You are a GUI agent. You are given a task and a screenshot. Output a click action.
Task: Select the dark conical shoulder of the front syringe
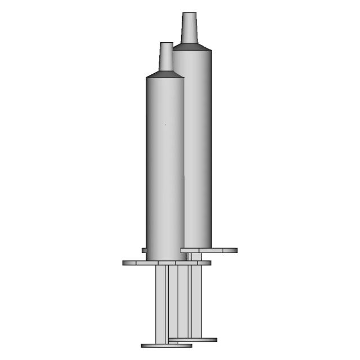165,74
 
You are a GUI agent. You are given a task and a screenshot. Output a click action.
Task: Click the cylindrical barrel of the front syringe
165,169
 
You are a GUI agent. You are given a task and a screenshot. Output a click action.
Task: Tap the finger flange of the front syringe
166,263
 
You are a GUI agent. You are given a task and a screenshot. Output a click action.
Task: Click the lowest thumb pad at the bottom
166,345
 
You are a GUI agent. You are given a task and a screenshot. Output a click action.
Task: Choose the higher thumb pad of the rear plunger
194,340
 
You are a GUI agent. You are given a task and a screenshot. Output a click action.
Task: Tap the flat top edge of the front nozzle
166,43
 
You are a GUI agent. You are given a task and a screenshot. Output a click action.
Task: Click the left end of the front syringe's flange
125,263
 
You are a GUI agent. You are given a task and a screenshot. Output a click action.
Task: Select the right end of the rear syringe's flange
235,250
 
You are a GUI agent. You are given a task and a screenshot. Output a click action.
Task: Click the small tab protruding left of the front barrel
143,250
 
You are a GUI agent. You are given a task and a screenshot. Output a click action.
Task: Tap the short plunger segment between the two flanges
194,256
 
